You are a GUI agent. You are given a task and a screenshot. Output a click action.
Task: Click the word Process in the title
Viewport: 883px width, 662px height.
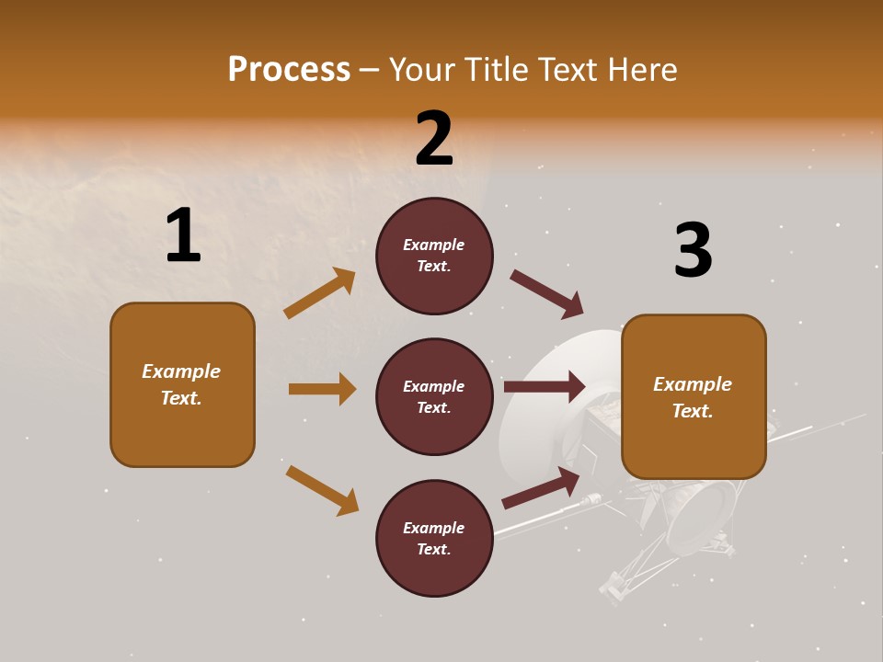(289, 70)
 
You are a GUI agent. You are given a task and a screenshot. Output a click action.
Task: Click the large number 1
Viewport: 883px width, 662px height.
(183, 235)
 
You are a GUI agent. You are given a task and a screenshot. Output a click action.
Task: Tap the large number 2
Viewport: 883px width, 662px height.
(434, 139)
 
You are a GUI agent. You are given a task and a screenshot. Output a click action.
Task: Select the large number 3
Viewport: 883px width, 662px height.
(693, 250)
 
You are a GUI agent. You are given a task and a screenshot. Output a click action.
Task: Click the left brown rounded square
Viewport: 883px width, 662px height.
(182, 384)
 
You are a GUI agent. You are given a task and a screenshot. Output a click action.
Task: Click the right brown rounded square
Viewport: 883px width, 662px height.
(694, 397)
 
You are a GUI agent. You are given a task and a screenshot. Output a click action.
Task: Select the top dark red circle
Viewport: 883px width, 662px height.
(434, 256)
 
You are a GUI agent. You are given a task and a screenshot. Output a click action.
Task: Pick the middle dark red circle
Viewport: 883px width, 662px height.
(434, 396)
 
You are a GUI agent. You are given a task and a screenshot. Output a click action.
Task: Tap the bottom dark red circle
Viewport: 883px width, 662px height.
(434, 538)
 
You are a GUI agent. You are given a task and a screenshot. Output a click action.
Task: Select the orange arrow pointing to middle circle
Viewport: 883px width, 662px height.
(322, 389)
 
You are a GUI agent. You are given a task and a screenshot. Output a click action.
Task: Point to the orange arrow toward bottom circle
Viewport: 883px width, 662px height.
(322, 490)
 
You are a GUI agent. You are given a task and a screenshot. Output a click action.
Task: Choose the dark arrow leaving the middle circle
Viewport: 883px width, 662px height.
(545, 386)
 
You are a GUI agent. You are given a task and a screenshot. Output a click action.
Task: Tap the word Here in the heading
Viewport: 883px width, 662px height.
(641, 70)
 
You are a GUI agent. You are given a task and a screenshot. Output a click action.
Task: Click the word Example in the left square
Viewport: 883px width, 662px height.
(181, 371)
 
